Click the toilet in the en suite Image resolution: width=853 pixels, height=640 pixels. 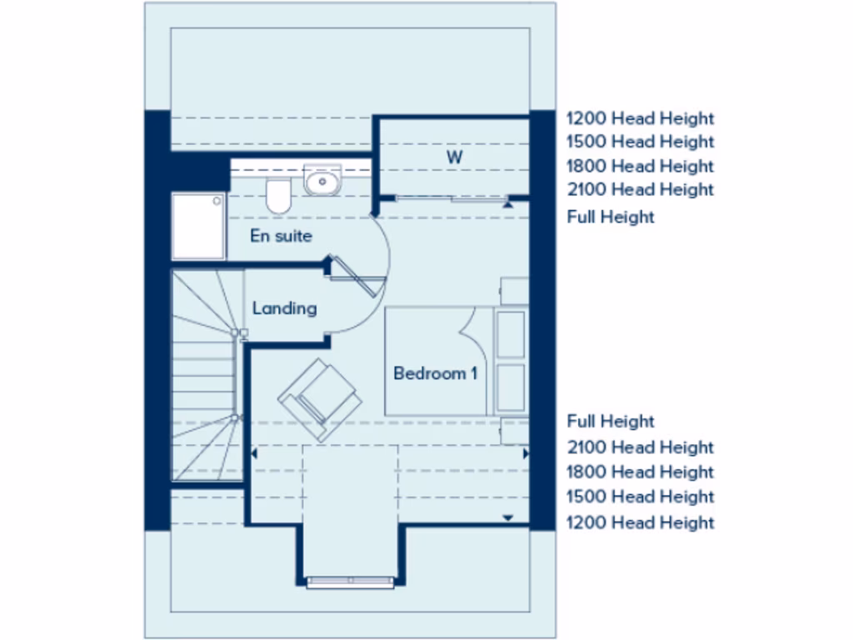point(278,196)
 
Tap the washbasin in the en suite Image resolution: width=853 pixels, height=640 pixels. point(322,180)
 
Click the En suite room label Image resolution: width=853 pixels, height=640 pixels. point(281,236)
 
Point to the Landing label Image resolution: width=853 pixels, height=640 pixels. point(284,308)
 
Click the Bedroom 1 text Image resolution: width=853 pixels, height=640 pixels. point(435,373)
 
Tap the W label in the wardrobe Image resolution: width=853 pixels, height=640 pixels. point(454,157)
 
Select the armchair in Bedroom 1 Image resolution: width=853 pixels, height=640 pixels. point(320,399)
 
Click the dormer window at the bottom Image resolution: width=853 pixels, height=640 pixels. point(351,581)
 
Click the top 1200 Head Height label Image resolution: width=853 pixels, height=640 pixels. point(640,119)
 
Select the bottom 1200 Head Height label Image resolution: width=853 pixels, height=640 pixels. point(640,522)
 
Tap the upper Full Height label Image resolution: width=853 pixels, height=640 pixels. point(611,217)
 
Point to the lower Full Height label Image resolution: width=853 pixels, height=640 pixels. point(611,422)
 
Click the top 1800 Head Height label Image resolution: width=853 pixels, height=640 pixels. point(640,166)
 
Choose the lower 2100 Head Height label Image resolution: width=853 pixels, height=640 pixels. point(640,447)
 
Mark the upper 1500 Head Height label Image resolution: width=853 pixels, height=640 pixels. point(640,142)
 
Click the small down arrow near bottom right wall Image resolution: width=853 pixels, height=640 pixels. point(507,517)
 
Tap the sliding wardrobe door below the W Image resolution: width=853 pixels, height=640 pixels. point(450,198)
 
